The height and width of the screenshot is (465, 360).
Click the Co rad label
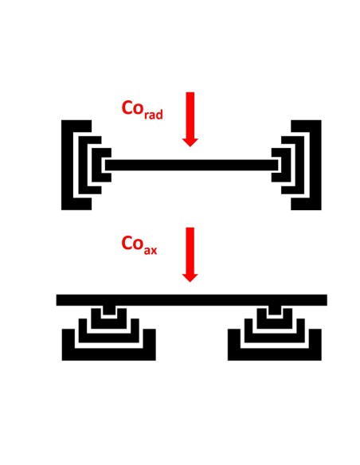[x=142, y=110]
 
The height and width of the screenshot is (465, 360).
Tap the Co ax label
[x=139, y=245]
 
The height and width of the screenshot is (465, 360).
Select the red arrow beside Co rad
[x=190, y=119]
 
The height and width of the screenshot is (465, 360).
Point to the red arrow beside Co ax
[x=190, y=255]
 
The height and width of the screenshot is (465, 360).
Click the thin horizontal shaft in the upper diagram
[x=192, y=165]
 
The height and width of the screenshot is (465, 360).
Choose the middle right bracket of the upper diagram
[x=300, y=165]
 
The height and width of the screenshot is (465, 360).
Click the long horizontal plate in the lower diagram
[x=192, y=300]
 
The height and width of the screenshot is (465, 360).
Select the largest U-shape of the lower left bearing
[x=109, y=354]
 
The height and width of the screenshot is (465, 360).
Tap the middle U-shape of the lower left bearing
[x=109, y=338]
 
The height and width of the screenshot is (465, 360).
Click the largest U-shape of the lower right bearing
[x=275, y=354]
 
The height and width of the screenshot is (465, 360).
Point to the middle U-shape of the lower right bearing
[x=275, y=338]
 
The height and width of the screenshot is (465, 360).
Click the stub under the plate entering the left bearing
[x=109, y=311]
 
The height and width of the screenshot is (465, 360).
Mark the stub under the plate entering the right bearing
[x=275, y=311]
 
